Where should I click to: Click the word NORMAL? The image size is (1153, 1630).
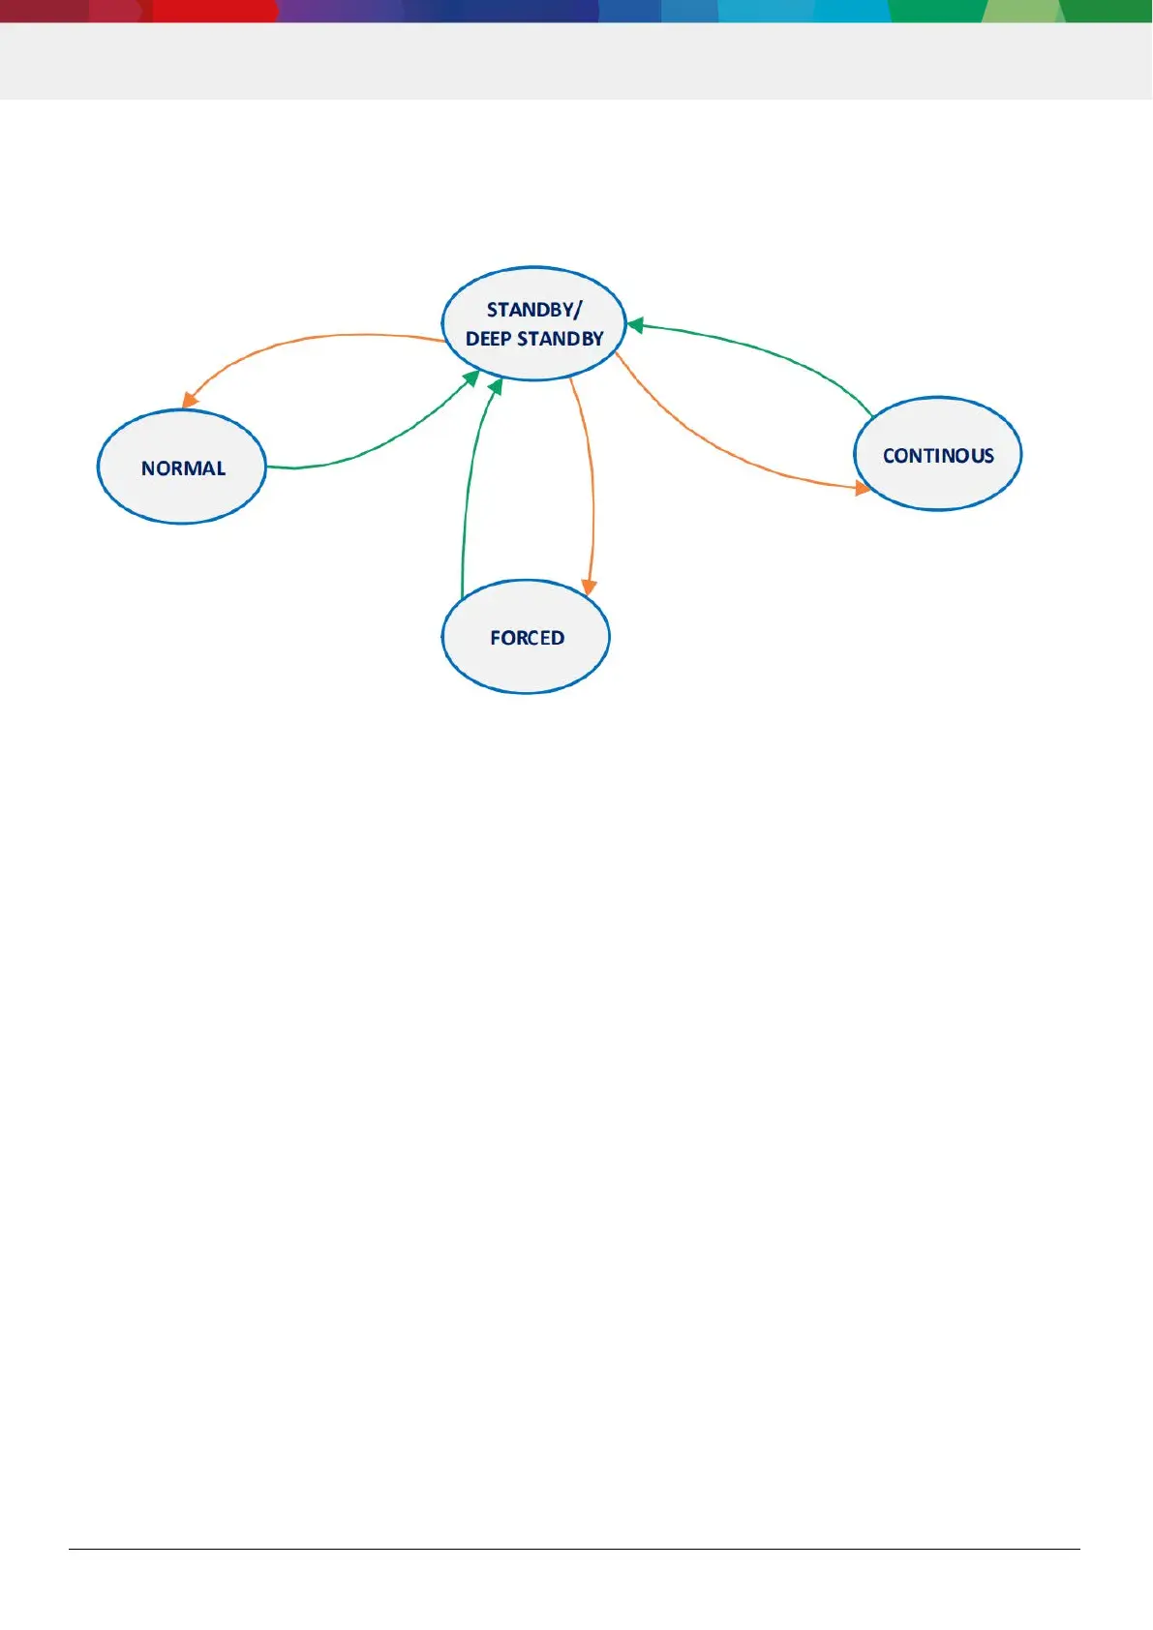pos(183,468)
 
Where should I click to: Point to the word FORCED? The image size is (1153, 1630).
pos(527,638)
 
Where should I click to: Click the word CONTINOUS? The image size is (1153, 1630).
pos(938,456)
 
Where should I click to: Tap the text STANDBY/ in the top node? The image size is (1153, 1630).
pos(533,310)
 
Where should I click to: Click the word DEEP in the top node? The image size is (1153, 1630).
pos(488,339)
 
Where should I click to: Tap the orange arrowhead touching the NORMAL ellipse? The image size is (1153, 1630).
pos(190,399)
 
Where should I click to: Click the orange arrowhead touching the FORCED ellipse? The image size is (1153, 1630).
pos(589,587)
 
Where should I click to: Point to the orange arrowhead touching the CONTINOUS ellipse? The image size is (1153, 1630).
pos(862,488)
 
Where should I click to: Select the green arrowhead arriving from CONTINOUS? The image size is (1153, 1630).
pos(636,325)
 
